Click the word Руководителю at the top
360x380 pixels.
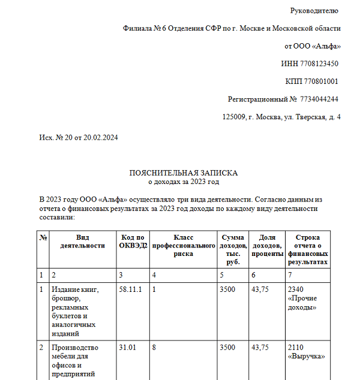coord(315,11)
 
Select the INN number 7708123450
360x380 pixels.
coord(319,64)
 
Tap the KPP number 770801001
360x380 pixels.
coord(321,82)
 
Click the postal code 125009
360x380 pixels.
coord(234,117)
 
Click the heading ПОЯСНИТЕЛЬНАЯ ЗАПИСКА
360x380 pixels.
coord(184,173)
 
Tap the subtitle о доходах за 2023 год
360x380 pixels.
coord(184,181)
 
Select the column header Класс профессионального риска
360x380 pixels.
coord(183,246)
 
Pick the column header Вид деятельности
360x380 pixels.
coord(83,242)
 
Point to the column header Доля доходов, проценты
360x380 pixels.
coord(268,246)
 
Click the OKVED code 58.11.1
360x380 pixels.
coord(131,290)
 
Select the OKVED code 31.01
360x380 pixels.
coord(128,348)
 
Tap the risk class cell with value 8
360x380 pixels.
coord(154,348)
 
